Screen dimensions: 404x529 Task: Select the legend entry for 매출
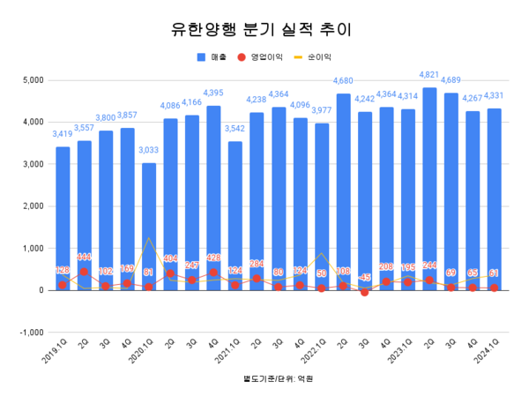pos(209,56)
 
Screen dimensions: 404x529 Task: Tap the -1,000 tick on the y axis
pos(32,333)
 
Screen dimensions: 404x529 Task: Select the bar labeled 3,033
pos(149,226)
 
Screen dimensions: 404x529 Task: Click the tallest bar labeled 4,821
pos(429,189)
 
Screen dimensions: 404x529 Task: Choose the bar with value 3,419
pos(63,218)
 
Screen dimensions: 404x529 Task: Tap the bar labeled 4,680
pos(344,191)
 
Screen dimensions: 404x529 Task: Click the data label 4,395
pos(213,93)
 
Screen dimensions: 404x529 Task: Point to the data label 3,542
pos(235,129)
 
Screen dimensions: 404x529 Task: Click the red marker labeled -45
pos(365,292)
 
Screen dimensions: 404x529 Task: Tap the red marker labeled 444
pos(85,272)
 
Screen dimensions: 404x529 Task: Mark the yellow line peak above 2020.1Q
pos(149,238)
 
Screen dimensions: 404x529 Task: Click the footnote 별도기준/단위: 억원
pos(272,378)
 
